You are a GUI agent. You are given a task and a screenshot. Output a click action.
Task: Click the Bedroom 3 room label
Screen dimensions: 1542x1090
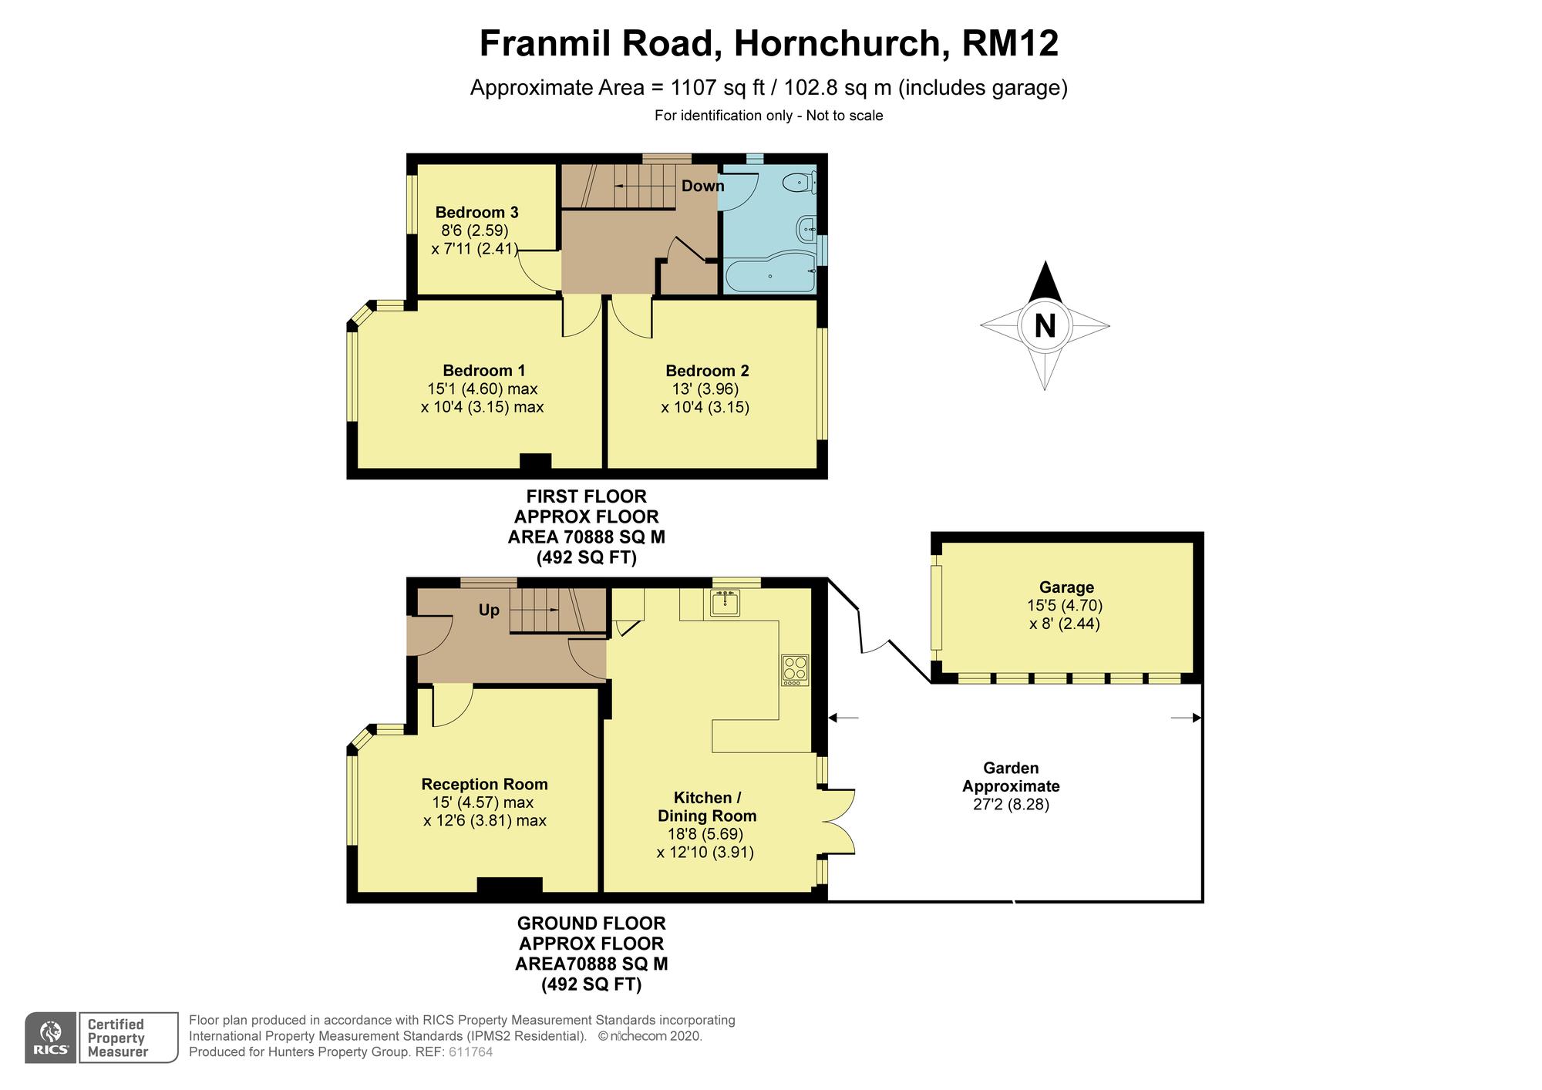click(x=476, y=212)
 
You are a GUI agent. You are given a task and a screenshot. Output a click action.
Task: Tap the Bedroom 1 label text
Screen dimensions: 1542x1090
click(x=483, y=370)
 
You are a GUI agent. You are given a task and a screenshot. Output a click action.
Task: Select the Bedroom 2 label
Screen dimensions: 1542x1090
click(x=707, y=370)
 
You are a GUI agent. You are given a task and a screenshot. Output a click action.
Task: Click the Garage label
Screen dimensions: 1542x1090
click(x=1066, y=587)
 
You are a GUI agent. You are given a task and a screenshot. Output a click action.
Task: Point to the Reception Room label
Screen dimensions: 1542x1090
click(x=484, y=784)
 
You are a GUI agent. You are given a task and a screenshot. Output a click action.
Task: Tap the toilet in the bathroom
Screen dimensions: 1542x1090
click(x=798, y=183)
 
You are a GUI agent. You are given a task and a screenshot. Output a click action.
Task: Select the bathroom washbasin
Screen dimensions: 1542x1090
click(x=806, y=228)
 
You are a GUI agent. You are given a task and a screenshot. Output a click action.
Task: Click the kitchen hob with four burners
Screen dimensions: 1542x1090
click(x=795, y=670)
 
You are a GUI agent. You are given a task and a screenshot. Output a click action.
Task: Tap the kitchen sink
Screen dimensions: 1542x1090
click(x=726, y=603)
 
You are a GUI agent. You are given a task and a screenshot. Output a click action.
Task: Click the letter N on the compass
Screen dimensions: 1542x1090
click(x=1045, y=325)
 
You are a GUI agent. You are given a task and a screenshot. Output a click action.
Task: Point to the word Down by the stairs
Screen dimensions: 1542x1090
click(x=702, y=186)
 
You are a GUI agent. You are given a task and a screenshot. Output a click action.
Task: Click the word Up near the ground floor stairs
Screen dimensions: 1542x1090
click(x=489, y=610)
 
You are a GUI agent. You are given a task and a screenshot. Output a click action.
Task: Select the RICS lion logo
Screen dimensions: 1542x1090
click(x=51, y=1037)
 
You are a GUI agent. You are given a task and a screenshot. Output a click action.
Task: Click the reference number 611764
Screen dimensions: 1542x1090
click(x=470, y=1051)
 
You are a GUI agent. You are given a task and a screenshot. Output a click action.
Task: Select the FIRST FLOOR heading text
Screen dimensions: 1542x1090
click(x=587, y=496)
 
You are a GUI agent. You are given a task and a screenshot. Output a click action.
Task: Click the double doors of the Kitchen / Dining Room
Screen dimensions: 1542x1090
click(x=839, y=821)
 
